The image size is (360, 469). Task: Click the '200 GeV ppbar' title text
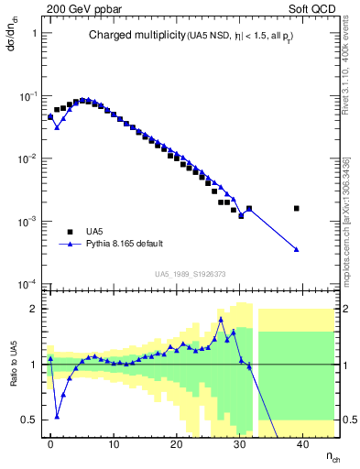77,8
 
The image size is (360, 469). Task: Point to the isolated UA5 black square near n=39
296,209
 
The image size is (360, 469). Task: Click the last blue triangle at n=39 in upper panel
296,249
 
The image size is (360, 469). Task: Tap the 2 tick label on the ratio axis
32,309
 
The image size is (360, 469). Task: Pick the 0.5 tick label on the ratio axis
29,420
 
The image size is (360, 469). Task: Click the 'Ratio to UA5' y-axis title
13,365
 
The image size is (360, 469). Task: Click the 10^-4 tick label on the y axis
27,284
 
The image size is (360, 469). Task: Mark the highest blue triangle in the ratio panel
221,320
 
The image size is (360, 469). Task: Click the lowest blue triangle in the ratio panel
57,416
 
